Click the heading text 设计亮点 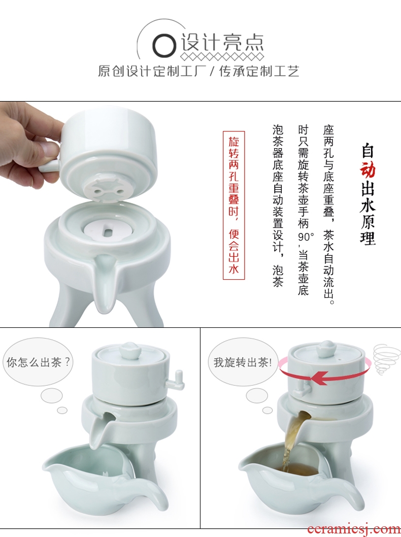tap(222, 43)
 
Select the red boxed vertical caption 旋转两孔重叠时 tap(233, 205)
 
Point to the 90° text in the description tap(306, 237)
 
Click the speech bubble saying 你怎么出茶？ tap(38, 362)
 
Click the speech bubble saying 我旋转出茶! tap(243, 362)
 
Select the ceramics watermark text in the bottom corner tap(354, 529)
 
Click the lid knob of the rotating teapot tap(327, 348)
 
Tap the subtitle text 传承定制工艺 tap(259, 71)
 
